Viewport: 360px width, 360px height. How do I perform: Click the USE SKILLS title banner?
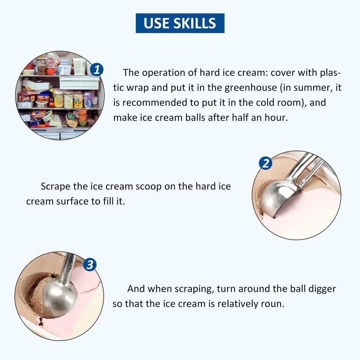pyautogui.click(x=180, y=23)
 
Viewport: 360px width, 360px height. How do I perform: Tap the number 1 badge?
pyautogui.click(x=97, y=70)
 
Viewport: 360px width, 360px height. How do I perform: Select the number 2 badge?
pyautogui.click(x=265, y=163)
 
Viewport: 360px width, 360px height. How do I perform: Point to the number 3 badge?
pyautogui.click(x=90, y=264)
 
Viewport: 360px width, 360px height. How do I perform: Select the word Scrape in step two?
pyautogui.click(x=55, y=187)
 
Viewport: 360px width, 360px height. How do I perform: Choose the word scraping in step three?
pyautogui.click(x=194, y=289)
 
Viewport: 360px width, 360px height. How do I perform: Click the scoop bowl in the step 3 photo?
pyautogui.click(x=60, y=298)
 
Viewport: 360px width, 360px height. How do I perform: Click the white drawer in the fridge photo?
pyautogui.click(x=79, y=83)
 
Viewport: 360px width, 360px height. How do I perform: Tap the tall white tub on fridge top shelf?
pyautogui.click(x=79, y=66)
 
